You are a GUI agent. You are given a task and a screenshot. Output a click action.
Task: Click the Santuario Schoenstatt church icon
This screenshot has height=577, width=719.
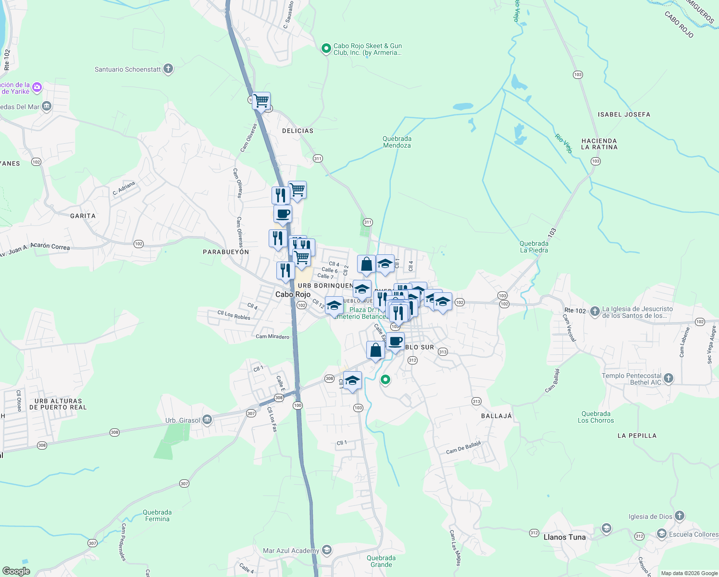[168, 69]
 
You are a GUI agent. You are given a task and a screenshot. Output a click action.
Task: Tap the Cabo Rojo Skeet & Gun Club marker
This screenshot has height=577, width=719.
[326, 48]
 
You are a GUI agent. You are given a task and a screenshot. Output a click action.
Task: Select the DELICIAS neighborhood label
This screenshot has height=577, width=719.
[298, 131]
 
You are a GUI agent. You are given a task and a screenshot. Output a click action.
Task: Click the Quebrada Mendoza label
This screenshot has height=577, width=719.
[397, 142]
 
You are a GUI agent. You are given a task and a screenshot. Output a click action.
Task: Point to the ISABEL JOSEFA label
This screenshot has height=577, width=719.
[624, 114]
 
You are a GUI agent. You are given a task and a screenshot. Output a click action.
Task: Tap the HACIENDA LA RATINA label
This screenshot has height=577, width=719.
[599, 144]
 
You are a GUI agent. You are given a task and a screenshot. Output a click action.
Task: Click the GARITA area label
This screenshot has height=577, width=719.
[83, 216]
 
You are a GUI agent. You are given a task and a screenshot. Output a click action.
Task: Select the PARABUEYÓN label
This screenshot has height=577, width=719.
[226, 252]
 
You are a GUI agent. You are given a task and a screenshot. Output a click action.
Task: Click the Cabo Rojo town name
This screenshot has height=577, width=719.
[293, 294]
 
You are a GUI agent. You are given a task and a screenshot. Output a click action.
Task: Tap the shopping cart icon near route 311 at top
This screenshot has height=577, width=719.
[261, 101]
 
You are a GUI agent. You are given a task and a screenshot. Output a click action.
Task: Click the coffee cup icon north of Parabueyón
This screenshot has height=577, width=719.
[283, 214]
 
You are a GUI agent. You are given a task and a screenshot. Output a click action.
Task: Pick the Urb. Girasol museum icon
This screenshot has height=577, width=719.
[207, 420]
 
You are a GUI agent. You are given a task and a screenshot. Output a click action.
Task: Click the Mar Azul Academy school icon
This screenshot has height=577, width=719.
[327, 550]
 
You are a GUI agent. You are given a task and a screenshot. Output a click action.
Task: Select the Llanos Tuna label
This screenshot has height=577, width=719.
[564, 537]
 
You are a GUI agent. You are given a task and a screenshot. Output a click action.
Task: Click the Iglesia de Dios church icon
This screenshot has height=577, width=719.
[679, 516]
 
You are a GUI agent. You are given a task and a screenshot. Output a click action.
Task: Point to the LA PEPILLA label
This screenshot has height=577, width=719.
[637, 436]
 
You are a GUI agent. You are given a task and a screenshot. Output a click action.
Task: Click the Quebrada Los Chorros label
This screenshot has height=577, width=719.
[595, 417]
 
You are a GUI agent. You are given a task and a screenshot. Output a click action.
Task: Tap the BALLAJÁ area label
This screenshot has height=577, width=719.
[496, 416]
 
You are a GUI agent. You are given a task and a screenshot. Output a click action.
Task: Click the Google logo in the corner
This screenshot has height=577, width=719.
[16, 571]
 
